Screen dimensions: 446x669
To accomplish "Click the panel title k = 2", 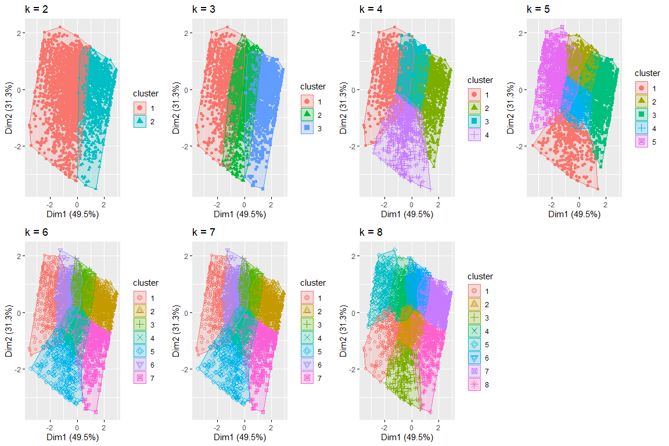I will coord(36,9).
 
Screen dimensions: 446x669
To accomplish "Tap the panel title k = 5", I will coord(538,9).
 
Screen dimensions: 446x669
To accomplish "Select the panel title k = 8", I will coord(371,232).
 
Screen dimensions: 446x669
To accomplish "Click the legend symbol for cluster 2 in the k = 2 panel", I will coord(140,121).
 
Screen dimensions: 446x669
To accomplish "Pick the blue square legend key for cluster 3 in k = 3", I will coord(307,127).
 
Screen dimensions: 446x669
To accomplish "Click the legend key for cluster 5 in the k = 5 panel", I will coord(642,141).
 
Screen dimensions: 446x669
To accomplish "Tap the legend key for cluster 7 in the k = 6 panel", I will coord(140,378).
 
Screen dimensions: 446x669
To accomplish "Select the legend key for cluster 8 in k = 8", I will coord(474,384).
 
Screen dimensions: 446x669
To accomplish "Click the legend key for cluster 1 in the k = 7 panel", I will coord(307,298).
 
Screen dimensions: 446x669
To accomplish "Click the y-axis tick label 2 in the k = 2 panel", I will coord(19,33).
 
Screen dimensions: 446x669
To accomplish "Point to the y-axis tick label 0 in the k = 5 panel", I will coord(521,90).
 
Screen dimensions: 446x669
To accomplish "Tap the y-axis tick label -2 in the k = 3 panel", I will coord(184,146).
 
